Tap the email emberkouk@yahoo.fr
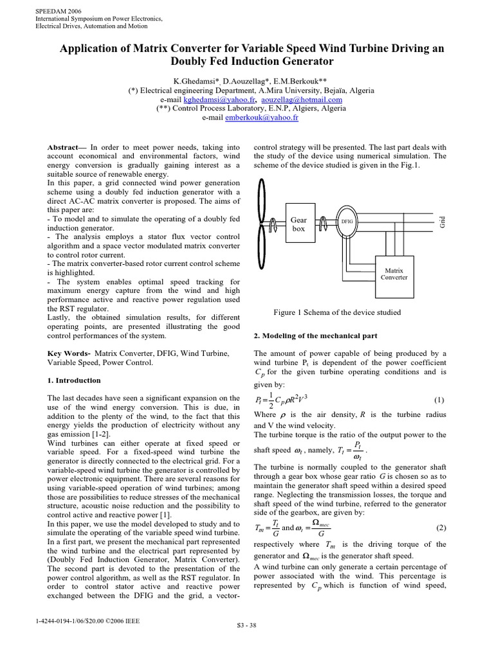coord(264,118)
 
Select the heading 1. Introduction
coord(75,380)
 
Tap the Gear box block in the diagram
coord(299,224)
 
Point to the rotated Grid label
coord(442,222)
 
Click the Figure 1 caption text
coord(336,312)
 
